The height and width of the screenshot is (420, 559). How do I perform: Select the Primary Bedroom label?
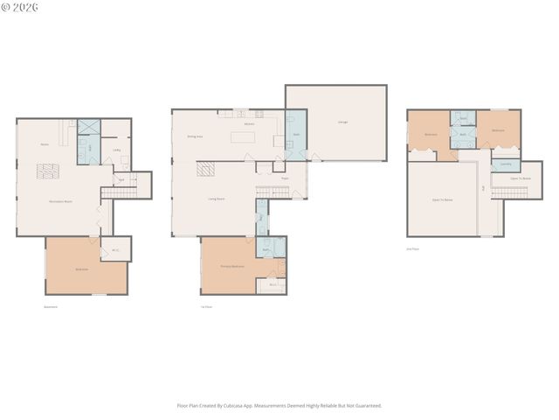pyautogui.click(x=231, y=265)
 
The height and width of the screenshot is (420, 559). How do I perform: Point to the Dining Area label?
pyautogui.click(x=195, y=136)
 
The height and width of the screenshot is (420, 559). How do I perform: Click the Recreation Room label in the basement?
pyautogui.click(x=59, y=202)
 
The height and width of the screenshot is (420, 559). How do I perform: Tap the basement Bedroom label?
pyautogui.click(x=81, y=269)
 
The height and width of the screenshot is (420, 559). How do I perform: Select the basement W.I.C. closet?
pyautogui.click(x=114, y=250)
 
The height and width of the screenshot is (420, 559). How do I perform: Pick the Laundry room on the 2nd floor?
pyautogui.click(x=506, y=164)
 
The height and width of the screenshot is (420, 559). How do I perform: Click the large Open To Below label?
pyautogui.click(x=442, y=200)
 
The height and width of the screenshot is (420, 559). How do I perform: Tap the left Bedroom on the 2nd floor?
pyautogui.click(x=431, y=135)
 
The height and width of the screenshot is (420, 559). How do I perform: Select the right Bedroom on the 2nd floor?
pyautogui.click(x=498, y=130)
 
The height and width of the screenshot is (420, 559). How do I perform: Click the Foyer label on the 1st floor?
pyautogui.click(x=284, y=178)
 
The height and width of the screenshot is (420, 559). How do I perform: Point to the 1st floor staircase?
pyautogui.click(x=270, y=192)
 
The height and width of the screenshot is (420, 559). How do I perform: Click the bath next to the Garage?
pyautogui.click(x=296, y=134)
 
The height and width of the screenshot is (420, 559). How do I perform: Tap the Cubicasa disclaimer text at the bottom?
pyautogui.click(x=279, y=405)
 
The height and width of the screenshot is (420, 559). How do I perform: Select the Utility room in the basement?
pyautogui.click(x=116, y=150)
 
